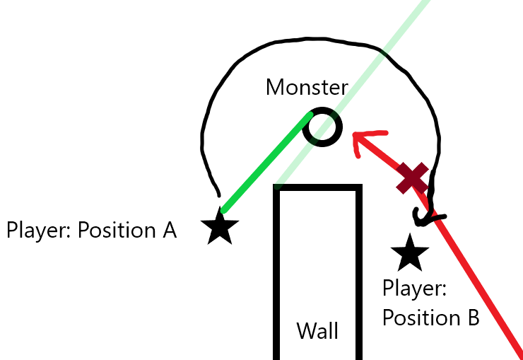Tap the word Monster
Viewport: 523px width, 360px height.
pyautogui.click(x=307, y=88)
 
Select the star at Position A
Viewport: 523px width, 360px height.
pyautogui.click(x=220, y=226)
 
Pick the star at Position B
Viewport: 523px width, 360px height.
pyautogui.click(x=410, y=253)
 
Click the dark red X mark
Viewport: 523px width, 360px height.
pyautogui.click(x=412, y=178)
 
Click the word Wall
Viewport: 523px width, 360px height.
pyautogui.click(x=317, y=331)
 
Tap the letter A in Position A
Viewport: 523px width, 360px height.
pyautogui.click(x=170, y=230)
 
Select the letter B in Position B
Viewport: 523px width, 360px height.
pyautogui.click(x=472, y=318)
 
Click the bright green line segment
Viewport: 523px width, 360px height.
pyautogui.click(x=267, y=163)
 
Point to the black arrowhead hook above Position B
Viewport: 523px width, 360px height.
pyautogui.click(x=428, y=217)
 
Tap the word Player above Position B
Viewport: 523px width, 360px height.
pyautogui.click(x=414, y=289)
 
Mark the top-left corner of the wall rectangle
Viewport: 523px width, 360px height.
pyautogui.click(x=276, y=187)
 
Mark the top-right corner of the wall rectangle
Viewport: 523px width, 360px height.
pyautogui.click(x=359, y=187)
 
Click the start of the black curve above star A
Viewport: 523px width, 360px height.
pyautogui.click(x=219, y=195)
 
